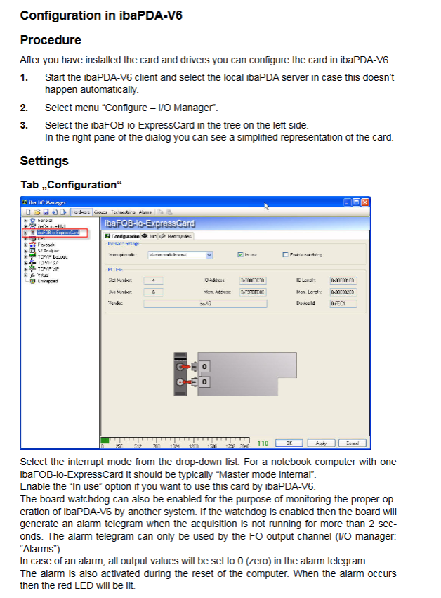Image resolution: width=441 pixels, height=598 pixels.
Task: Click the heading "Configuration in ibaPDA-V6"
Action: pyautogui.click(x=101, y=15)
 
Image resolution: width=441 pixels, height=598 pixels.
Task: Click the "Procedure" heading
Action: pyautogui.click(x=51, y=40)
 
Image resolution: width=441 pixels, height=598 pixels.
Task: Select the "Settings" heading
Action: pyautogui.click(x=44, y=161)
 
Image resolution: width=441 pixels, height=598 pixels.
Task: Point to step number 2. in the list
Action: pyautogui.click(x=24, y=108)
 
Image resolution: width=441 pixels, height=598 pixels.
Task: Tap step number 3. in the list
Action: pyautogui.click(x=24, y=125)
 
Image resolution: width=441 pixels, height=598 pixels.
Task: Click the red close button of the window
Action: pyautogui.click(x=365, y=202)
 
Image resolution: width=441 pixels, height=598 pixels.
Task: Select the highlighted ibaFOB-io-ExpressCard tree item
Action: pyautogui.click(x=58, y=232)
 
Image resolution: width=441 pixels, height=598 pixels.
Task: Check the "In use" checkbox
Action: pyautogui.click(x=241, y=255)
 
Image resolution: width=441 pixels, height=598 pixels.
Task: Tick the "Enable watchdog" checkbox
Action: pyautogui.click(x=285, y=255)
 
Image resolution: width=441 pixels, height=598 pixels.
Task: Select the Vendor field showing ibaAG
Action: pyautogui.click(x=206, y=304)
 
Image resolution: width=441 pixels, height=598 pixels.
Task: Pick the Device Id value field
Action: pyautogui.click(x=343, y=304)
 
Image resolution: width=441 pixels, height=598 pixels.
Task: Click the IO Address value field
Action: pyautogui.click(x=252, y=280)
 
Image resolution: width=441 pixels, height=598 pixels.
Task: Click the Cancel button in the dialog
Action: pyautogui.click(x=353, y=443)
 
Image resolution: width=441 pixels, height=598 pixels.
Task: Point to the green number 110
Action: pyautogui.click(x=263, y=443)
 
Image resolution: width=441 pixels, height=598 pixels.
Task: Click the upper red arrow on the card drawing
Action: pyautogui.click(x=186, y=366)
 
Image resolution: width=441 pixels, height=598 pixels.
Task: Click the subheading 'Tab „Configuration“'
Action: pyautogui.click(x=71, y=185)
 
